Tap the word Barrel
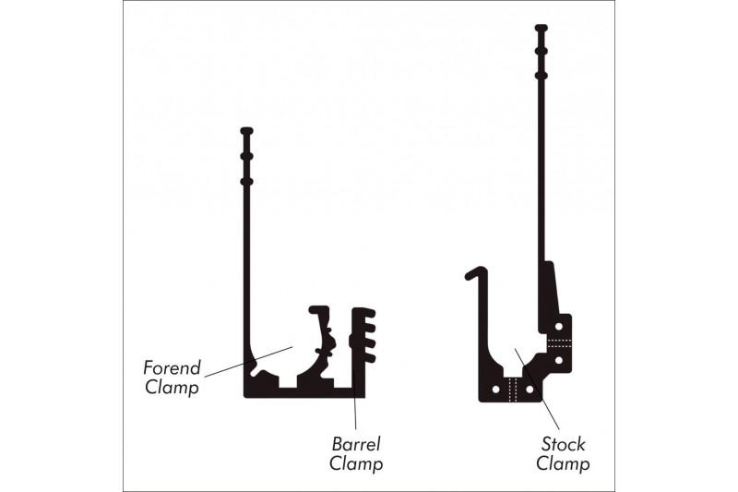click(355, 443)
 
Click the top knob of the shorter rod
click(246, 131)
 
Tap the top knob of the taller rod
click(542, 29)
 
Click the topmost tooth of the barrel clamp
click(366, 312)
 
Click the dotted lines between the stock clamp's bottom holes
click(513, 388)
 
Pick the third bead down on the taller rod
click(542, 75)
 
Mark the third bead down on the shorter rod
click(246, 181)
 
